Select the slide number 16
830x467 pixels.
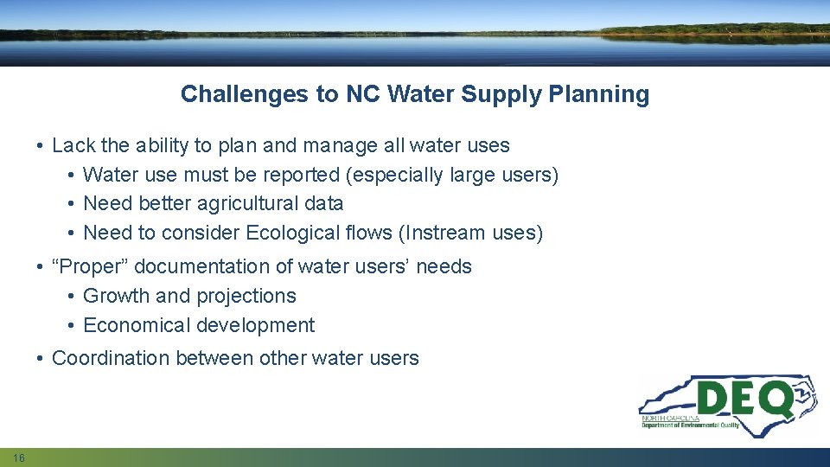pos(19,457)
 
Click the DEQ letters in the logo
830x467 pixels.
pos(744,400)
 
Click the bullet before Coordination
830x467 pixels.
pos(41,359)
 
